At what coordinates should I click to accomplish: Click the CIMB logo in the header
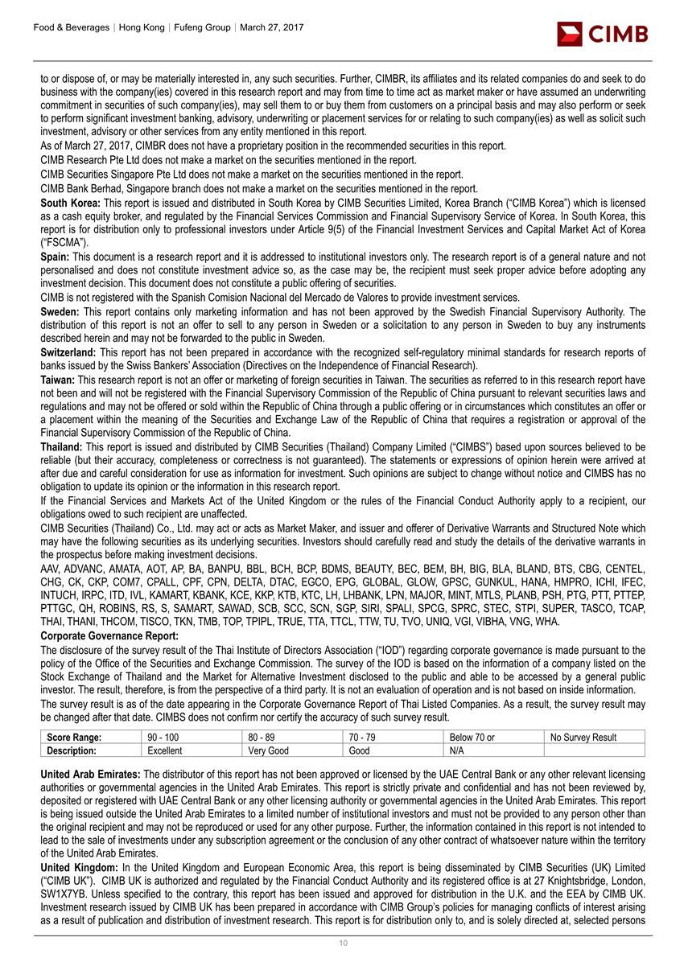(x=603, y=33)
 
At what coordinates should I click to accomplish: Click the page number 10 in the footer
(x=342, y=943)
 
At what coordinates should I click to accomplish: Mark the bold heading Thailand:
(x=62, y=446)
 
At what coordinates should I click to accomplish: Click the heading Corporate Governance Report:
(x=109, y=636)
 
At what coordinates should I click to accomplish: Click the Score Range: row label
(x=73, y=738)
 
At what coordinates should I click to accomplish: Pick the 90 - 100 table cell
(x=163, y=738)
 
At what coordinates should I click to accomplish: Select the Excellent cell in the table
(x=165, y=750)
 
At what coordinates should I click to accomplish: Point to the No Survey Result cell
(x=583, y=738)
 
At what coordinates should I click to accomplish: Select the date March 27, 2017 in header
(x=270, y=27)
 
